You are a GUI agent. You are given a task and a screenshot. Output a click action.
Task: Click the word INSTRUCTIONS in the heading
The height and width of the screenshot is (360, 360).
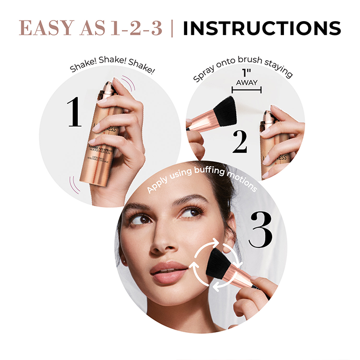[x=262, y=28]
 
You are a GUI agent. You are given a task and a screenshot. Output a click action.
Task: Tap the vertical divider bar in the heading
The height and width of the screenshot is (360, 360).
[x=172, y=28]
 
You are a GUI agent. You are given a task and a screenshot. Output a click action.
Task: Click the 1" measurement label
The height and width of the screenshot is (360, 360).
[x=247, y=74]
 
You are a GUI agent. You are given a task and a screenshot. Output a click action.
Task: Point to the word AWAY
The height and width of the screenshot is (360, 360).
[x=247, y=82]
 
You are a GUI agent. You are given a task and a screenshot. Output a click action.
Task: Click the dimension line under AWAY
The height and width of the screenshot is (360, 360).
[x=247, y=90]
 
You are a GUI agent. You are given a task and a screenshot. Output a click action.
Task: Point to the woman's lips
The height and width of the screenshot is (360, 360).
[x=168, y=271]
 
